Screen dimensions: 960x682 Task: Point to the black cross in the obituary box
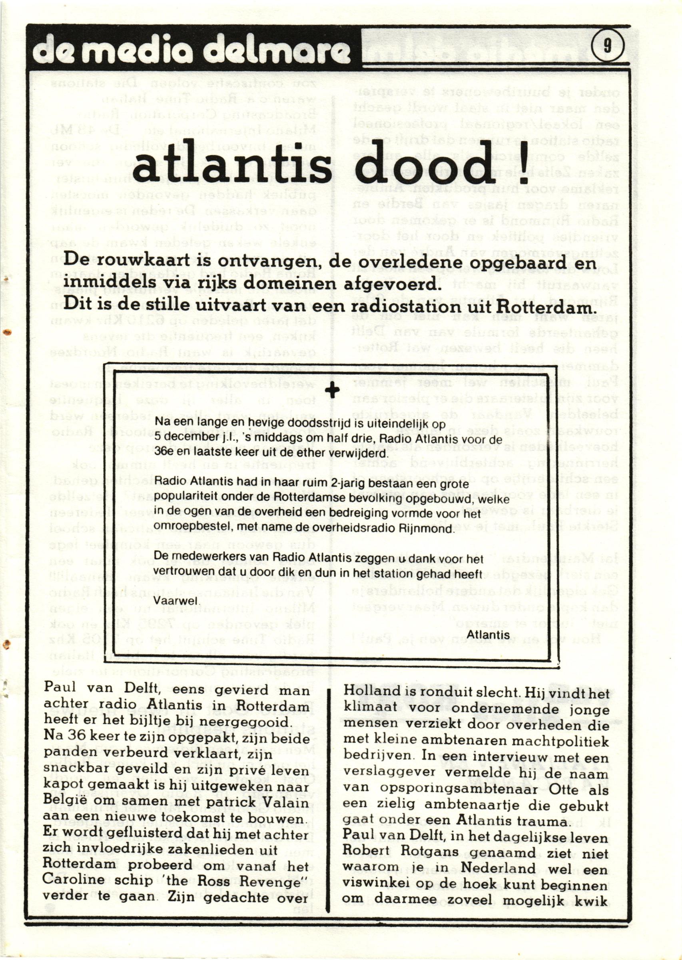click(x=333, y=390)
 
